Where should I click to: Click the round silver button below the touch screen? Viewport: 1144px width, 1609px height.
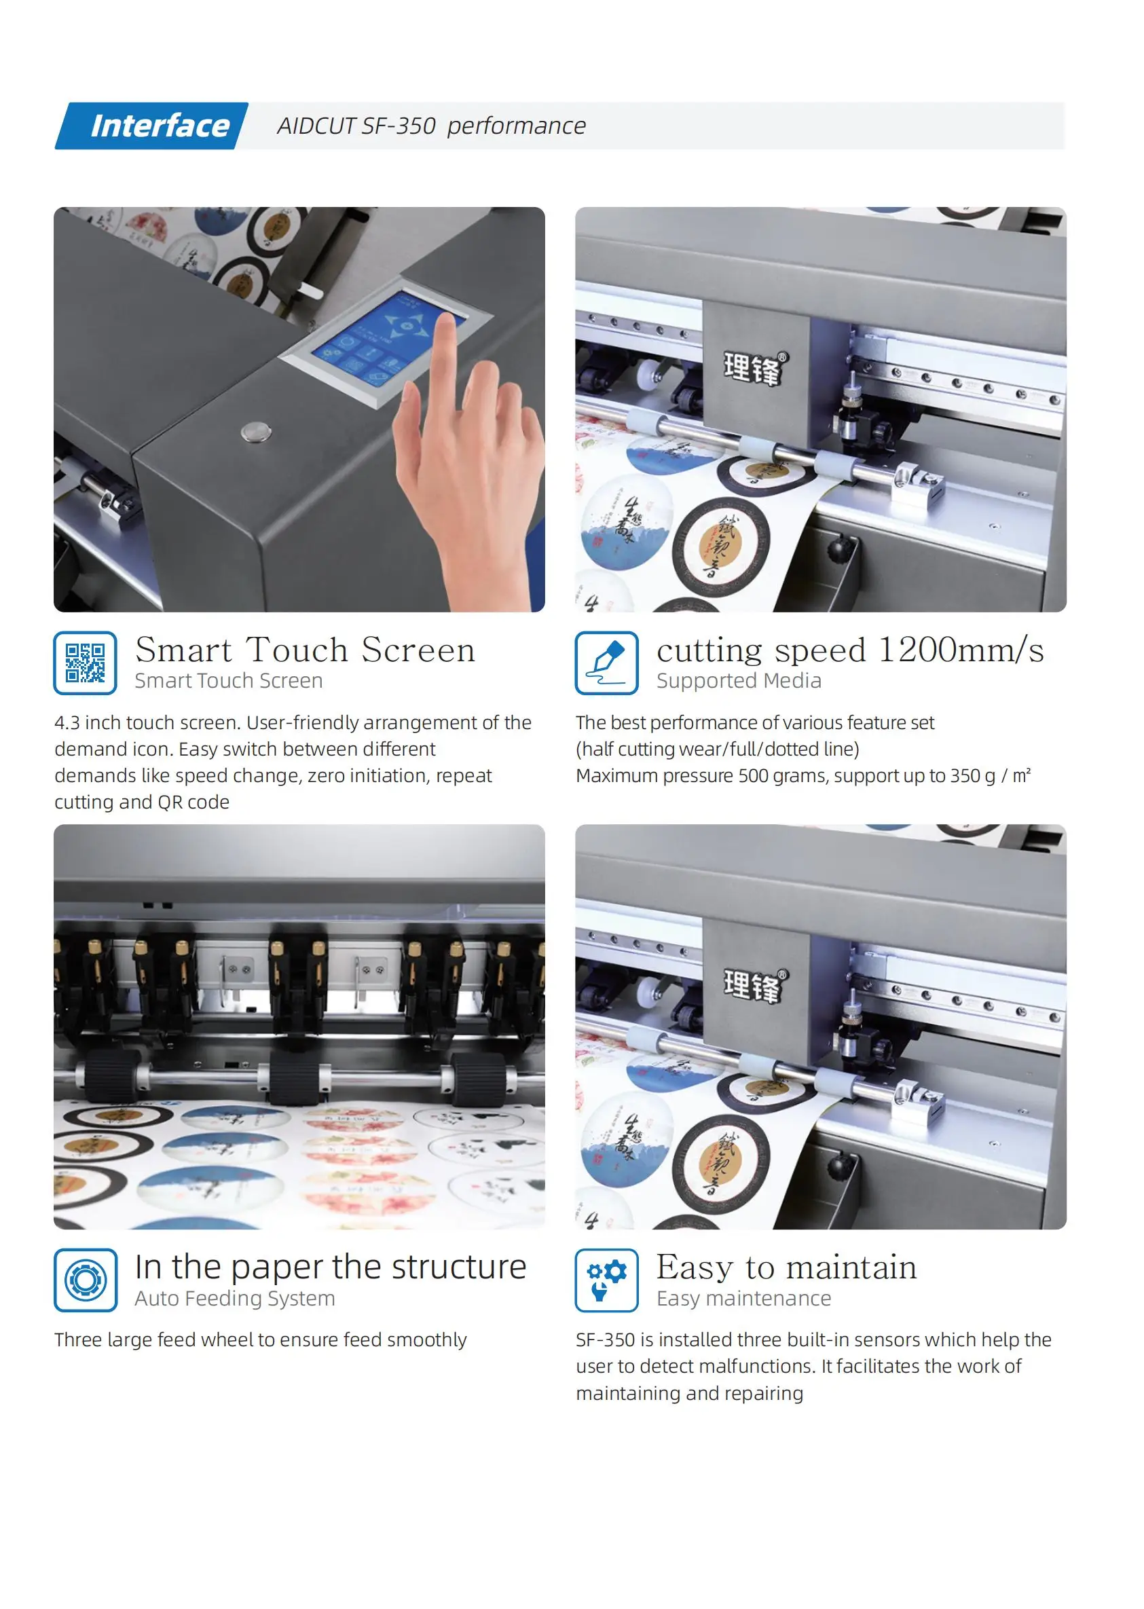tap(255, 431)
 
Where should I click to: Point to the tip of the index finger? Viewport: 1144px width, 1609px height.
tap(445, 321)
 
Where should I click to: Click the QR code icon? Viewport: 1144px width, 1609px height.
tap(86, 663)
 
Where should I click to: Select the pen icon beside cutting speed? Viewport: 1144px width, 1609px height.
tap(606, 663)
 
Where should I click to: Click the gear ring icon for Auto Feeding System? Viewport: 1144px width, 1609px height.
tap(86, 1280)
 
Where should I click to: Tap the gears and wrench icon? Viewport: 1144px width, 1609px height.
tap(606, 1280)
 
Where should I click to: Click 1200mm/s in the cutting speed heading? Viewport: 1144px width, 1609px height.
tap(961, 650)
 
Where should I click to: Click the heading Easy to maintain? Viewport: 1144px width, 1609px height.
tap(786, 1268)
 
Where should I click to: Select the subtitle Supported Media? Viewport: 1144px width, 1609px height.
tap(738, 680)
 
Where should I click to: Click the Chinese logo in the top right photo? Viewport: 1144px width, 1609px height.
tap(753, 368)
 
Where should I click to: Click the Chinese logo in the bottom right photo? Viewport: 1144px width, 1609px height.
tap(753, 985)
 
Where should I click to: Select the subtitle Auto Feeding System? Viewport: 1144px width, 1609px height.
tap(235, 1298)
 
